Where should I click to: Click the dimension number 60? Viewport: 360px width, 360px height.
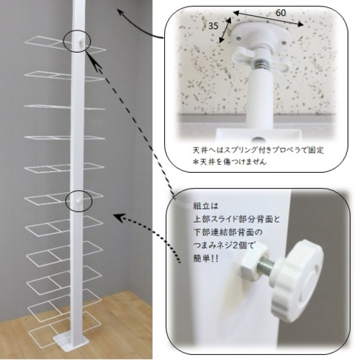pos(281,12)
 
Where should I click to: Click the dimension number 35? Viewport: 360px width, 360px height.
pos(213,26)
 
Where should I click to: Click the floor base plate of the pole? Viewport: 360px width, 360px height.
pos(69,341)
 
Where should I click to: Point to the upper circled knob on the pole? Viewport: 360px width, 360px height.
pos(81,43)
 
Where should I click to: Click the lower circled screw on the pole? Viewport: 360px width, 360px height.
pos(78,202)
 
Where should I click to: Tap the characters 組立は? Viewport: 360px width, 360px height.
pos(205,206)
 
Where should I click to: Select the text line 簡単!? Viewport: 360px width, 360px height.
pos(206,258)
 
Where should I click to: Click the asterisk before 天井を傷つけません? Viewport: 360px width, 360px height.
pos(196,162)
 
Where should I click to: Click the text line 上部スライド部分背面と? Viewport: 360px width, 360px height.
pos(237,219)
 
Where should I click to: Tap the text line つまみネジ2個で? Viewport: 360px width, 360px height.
pos(223,246)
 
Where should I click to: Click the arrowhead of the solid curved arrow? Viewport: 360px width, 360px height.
pos(121,12)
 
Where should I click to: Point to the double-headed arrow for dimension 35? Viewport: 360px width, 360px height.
pos(225,30)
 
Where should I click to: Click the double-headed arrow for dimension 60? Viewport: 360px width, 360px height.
pos(269,18)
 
